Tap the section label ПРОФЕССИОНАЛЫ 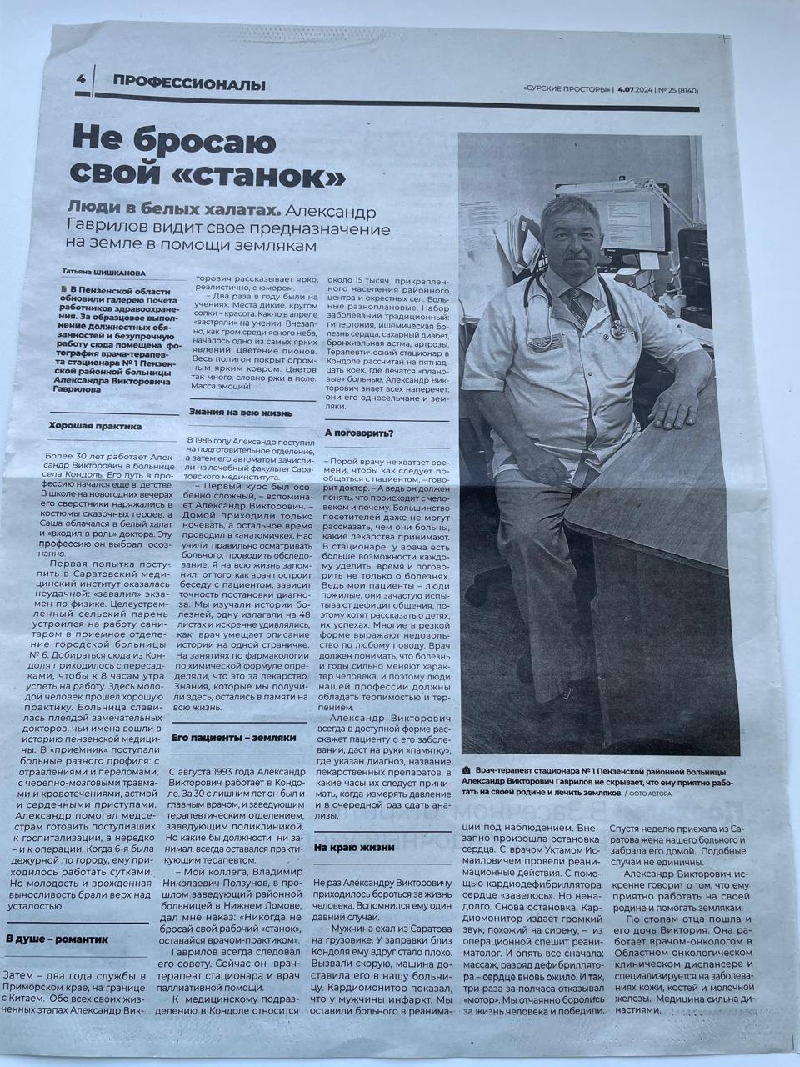click(190, 83)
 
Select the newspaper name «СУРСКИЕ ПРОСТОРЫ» click(567, 89)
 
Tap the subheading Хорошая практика click(96, 426)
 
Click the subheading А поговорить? click(359, 433)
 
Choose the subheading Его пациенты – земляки click(233, 738)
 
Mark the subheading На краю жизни click(354, 847)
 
